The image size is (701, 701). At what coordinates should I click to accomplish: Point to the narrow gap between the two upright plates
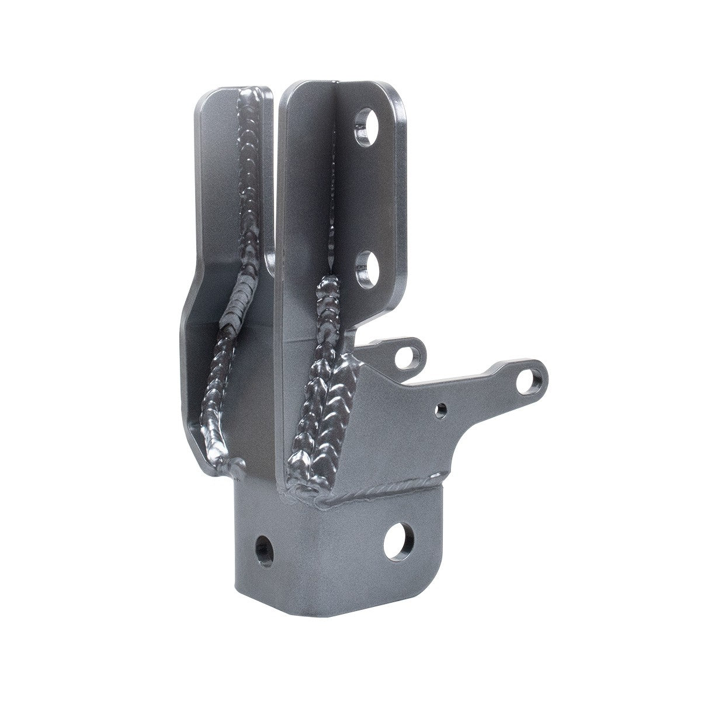(276, 175)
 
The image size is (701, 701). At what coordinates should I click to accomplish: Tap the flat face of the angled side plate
(397, 432)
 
